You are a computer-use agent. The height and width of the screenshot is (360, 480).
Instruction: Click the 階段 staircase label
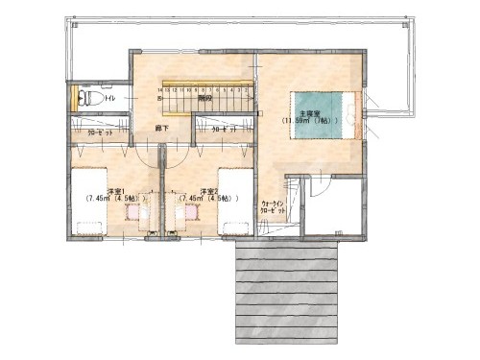204,98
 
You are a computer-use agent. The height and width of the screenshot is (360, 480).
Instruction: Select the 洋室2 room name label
208,190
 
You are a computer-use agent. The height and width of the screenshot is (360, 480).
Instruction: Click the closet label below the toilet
100,133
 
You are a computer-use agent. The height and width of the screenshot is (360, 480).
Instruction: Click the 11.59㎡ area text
307,121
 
